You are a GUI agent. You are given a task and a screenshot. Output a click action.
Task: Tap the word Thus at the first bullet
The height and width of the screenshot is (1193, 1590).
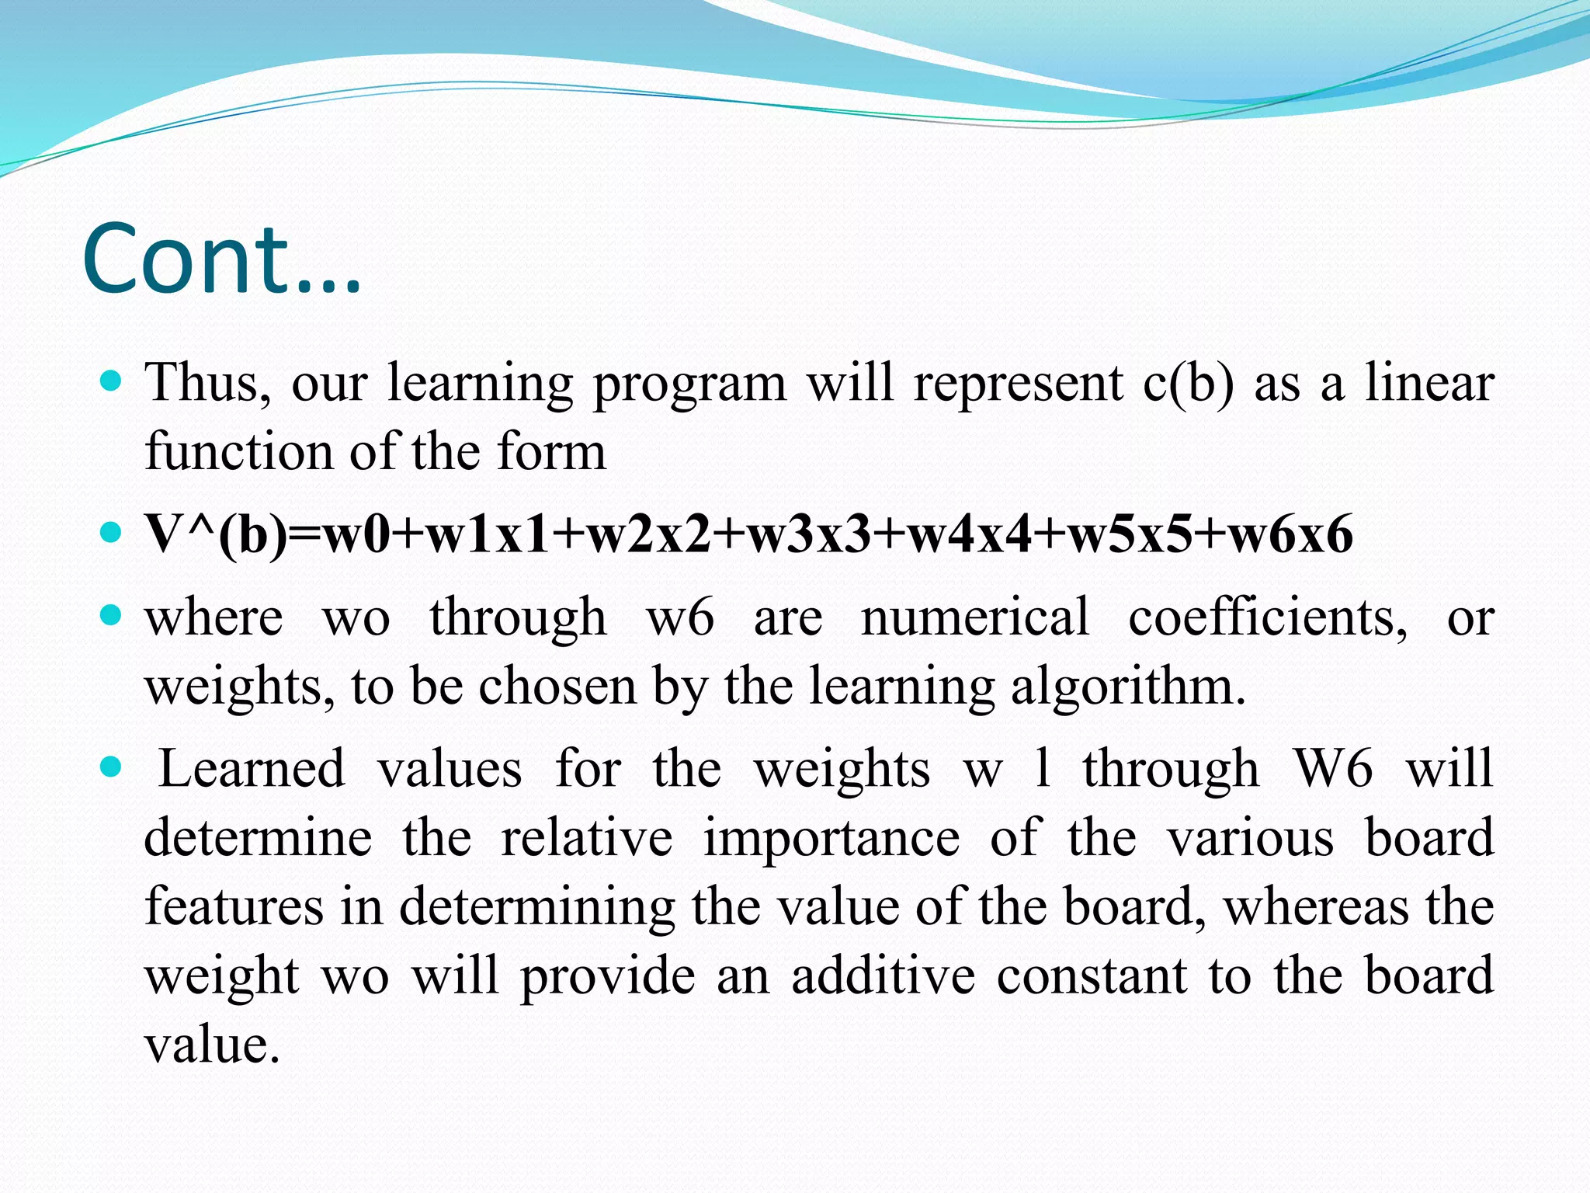208,382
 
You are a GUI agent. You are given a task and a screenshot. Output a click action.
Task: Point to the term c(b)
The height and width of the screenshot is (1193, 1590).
1188,384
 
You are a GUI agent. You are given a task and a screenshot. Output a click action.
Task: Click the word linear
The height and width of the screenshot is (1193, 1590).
1429,382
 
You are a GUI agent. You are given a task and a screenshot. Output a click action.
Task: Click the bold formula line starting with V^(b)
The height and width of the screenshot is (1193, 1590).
749,534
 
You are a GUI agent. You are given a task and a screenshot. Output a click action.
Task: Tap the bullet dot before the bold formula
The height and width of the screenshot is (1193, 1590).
112,533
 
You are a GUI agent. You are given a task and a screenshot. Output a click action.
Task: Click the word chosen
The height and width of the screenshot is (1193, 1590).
557,686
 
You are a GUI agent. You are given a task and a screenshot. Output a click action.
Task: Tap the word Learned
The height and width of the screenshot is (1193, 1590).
252,768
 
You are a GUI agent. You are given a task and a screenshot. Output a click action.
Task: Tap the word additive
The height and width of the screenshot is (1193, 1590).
883,976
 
